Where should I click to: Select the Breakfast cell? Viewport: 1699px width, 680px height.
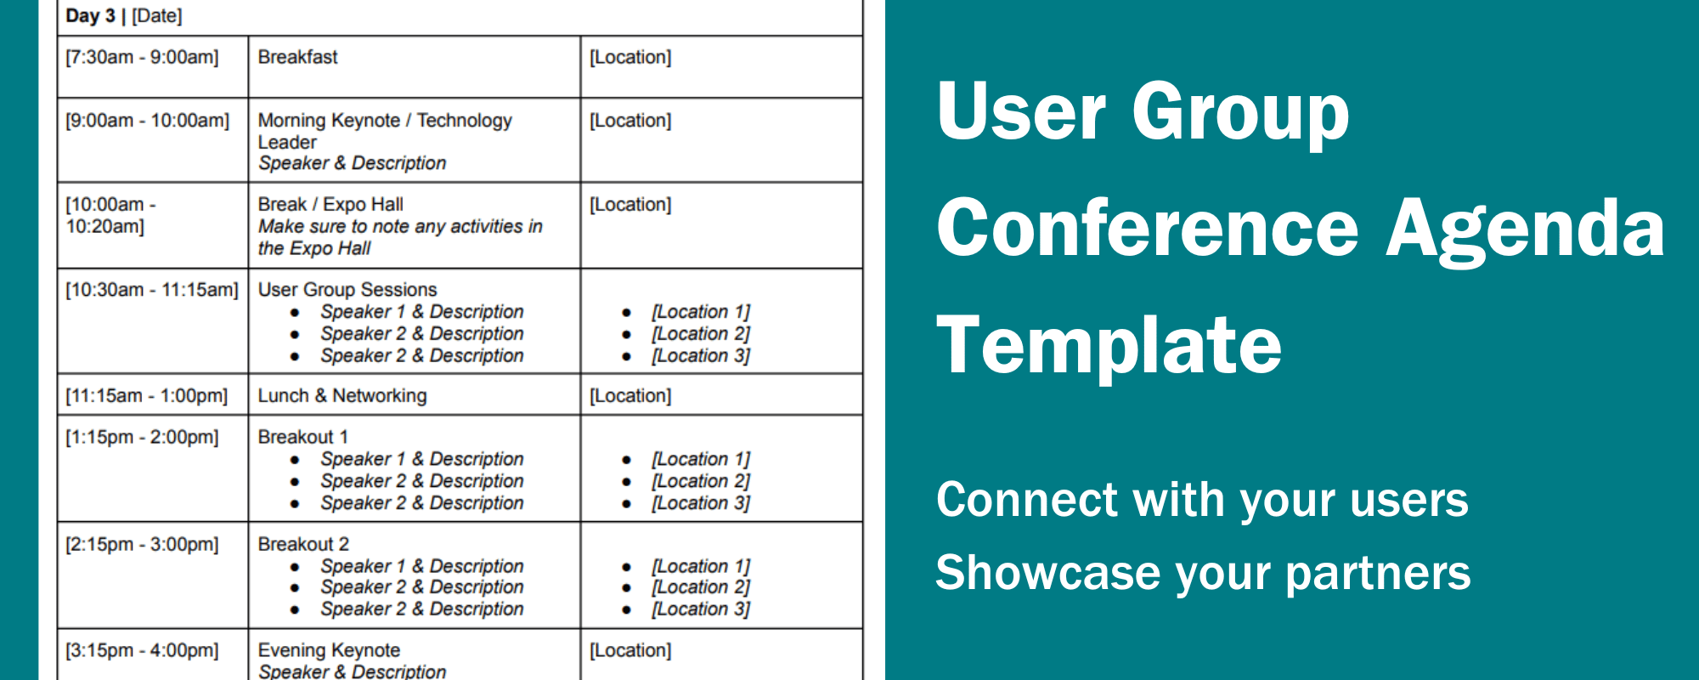[297, 57]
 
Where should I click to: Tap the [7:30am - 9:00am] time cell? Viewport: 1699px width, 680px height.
[142, 57]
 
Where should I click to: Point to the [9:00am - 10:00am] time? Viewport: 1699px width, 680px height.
[147, 121]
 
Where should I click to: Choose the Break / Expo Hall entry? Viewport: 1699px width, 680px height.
[330, 205]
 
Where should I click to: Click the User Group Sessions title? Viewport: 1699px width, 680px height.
[347, 290]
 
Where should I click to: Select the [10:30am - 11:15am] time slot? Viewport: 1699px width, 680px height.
[152, 290]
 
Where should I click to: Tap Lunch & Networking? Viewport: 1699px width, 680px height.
[341, 395]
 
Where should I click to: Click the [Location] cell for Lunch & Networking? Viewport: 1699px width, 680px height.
[630, 395]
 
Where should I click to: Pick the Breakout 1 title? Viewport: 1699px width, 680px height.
[302, 437]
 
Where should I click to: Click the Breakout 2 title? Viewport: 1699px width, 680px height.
[303, 544]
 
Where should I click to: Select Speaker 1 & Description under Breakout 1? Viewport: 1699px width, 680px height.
[421, 459]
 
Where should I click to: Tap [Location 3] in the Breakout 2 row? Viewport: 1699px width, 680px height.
[701, 609]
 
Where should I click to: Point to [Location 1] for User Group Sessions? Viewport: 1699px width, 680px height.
[701, 312]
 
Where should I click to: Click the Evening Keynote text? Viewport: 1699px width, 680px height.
[329, 650]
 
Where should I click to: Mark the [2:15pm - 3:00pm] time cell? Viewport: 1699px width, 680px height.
[142, 544]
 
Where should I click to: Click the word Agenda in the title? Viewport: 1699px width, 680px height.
[1525, 228]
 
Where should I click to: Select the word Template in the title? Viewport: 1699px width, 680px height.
[1109, 344]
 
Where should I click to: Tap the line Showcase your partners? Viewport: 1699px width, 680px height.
[1203, 573]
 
